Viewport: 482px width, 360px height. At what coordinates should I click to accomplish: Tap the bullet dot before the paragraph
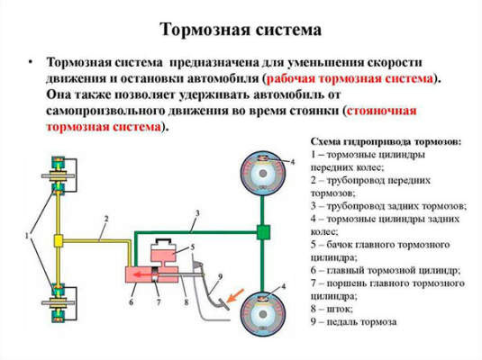[x=30, y=63]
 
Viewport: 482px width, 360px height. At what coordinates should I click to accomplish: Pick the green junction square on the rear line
[x=263, y=233]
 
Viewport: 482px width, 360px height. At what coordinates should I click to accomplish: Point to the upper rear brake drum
[x=263, y=170]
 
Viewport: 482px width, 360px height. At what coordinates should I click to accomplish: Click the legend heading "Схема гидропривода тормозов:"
[x=385, y=142]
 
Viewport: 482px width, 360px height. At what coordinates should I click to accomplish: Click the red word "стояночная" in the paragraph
[x=385, y=111]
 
